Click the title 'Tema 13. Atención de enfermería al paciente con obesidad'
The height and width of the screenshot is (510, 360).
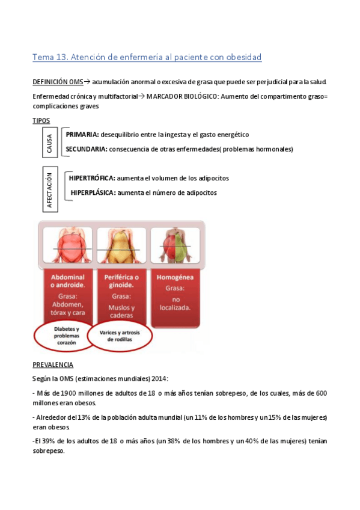[147, 58]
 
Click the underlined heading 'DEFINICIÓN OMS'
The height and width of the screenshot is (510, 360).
[58, 82]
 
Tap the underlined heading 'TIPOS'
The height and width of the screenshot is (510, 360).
[41, 121]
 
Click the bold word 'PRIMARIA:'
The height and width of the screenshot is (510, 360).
[83, 135]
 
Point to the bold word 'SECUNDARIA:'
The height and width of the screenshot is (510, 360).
[87, 149]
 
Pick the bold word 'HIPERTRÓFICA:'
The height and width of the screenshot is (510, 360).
[93, 179]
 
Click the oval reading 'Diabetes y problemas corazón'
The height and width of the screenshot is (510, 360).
[63, 336]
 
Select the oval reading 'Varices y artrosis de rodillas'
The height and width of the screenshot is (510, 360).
[118, 336]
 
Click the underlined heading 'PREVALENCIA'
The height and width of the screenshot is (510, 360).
[53, 364]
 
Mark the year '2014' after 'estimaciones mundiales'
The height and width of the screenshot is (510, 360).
[159, 378]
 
